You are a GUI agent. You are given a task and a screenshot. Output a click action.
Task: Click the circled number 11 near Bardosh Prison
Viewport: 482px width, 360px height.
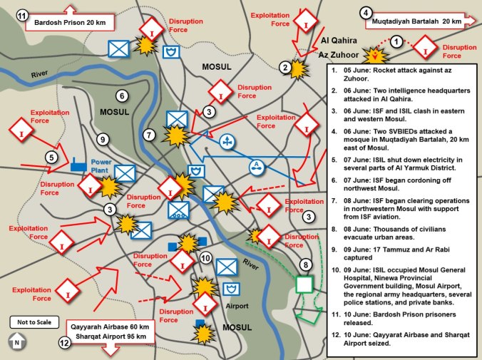coord(22,16)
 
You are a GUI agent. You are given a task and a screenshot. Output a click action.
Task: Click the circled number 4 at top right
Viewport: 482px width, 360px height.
coord(366,12)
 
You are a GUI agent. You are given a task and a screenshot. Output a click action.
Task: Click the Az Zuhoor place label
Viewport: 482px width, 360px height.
coord(337,54)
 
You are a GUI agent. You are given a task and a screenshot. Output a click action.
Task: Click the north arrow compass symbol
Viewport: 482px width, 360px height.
coord(16,342)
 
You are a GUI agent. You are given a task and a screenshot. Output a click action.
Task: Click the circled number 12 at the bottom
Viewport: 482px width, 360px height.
coord(65,343)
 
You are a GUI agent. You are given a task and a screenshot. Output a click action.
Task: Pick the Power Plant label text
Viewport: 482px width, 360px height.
coord(104,166)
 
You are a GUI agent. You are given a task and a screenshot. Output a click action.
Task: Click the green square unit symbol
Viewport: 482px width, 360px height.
coord(304,284)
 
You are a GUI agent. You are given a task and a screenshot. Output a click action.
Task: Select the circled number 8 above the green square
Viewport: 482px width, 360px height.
coord(306,265)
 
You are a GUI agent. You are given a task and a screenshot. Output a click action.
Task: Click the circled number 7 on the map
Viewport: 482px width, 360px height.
coord(148,135)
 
